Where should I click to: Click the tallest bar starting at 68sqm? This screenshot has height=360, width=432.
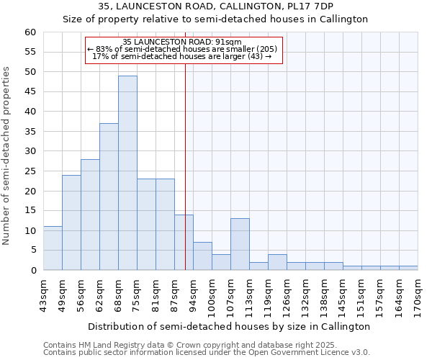pos(127,173)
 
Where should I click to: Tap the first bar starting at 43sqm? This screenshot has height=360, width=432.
pos(53,248)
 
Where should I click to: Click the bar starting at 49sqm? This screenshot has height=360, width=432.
pos(71,222)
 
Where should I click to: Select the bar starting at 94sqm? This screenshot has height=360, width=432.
pos(202,256)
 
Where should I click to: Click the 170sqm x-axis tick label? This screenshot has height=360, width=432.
pos(418,295)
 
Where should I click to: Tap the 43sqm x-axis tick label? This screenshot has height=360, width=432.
pos(43,295)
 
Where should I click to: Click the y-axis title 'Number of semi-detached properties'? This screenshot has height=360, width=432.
pos(7,156)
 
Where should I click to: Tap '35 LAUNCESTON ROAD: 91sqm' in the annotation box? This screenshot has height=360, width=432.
pos(182,42)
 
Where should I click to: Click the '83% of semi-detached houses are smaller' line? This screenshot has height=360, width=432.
pos(182,49)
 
